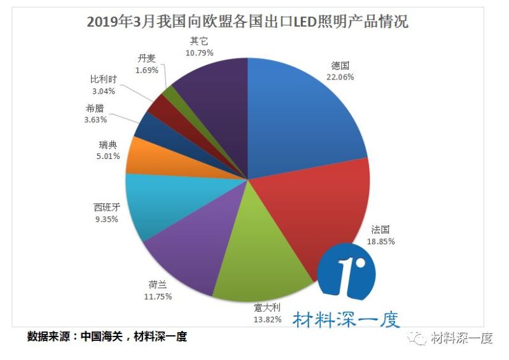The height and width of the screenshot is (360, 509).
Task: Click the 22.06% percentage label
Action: coord(340,77)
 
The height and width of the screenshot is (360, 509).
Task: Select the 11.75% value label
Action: coord(157,296)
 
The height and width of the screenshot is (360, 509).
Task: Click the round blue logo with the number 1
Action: coord(347,276)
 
